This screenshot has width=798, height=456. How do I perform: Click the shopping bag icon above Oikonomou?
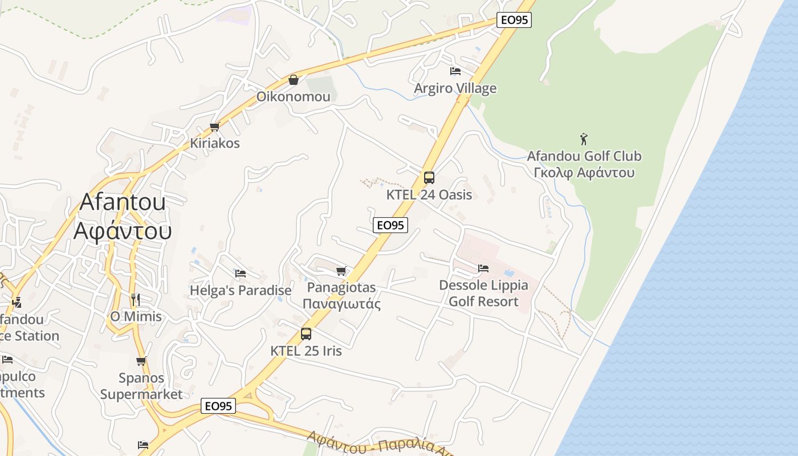(x=294, y=79)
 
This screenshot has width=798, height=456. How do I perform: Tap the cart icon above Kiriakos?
(x=215, y=127)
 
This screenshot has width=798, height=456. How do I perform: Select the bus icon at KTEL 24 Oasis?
(x=429, y=178)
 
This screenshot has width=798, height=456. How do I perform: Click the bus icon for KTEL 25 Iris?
(x=306, y=334)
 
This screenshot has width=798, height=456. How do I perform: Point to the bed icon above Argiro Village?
(x=455, y=71)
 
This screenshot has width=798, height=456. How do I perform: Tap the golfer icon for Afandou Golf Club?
(x=583, y=139)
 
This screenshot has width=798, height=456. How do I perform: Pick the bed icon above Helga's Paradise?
(x=240, y=274)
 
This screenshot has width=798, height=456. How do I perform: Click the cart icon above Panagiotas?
(x=341, y=271)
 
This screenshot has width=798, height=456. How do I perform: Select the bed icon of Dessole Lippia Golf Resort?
(x=483, y=268)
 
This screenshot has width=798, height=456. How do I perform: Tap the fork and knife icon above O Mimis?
(x=135, y=299)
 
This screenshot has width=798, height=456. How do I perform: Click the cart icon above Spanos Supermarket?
(x=141, y=361)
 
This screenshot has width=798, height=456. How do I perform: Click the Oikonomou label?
(x=293, y=96)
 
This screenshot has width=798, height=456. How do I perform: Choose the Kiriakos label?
(x=214, y=143)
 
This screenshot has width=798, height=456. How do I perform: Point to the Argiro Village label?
(x=455, y=88)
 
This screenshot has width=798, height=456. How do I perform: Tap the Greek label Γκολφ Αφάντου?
(x=584, y=173)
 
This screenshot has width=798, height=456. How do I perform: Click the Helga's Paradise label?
(x=240, y=291)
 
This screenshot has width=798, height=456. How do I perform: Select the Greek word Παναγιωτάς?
(x=341, y=303)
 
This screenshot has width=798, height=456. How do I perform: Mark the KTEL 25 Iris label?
(x=306, y=351)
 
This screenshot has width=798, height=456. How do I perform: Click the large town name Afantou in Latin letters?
(x=123, y=202)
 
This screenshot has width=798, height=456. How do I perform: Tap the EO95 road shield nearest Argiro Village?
(x=514, y=20)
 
